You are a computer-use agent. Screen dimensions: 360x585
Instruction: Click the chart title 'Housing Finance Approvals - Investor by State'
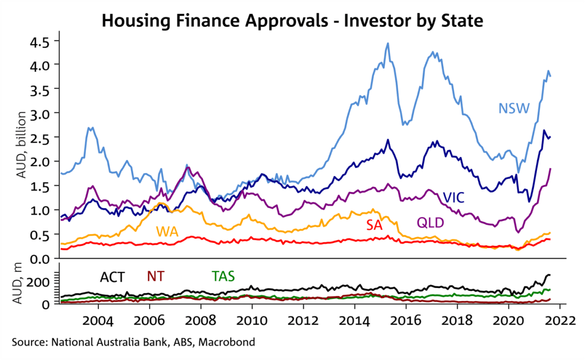[292, 21]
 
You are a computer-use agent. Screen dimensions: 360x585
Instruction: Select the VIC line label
[454, 197]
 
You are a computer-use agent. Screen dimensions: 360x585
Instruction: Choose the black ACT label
[112, 277]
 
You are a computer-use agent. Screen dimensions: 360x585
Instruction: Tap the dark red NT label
[155, 276]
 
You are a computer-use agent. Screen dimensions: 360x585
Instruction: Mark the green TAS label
[223, 276]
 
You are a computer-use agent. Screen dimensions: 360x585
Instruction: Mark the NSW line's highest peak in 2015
[388, 43]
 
